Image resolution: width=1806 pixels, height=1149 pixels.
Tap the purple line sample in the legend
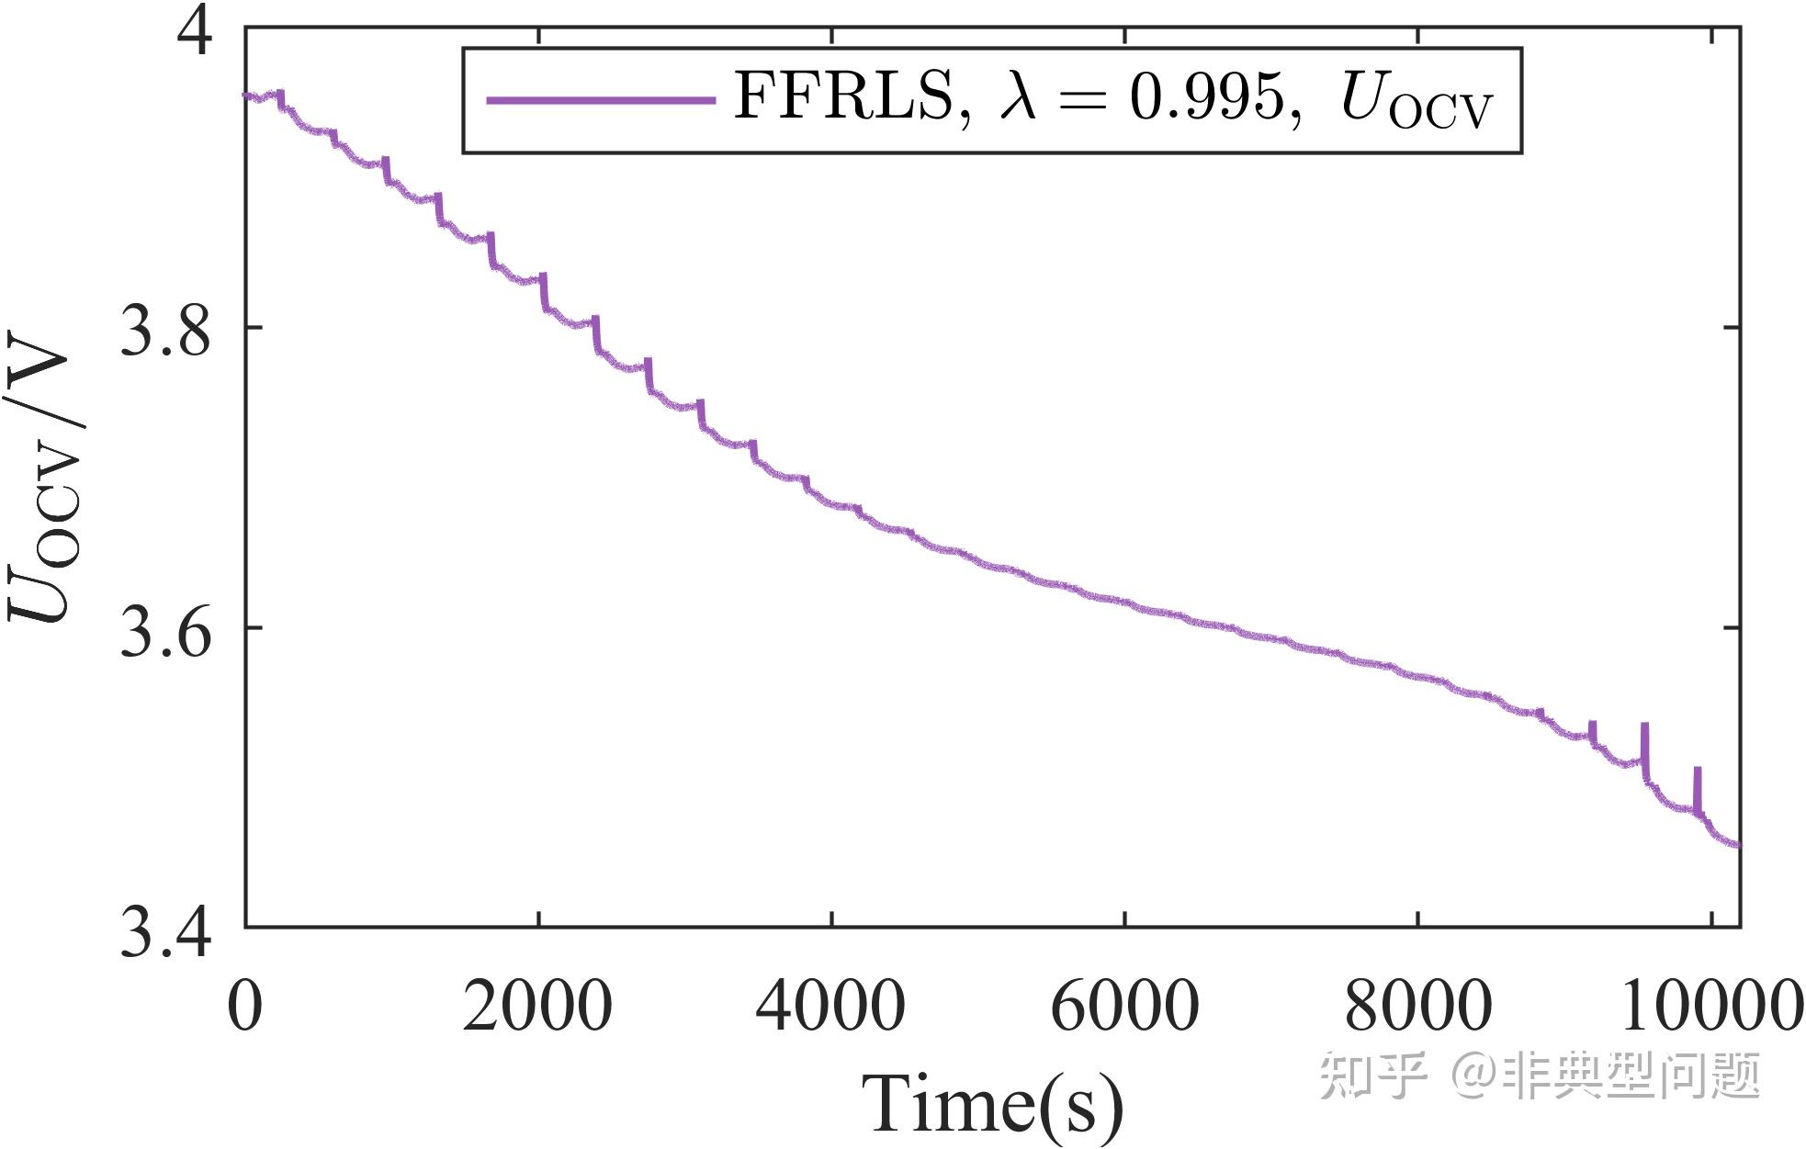601,99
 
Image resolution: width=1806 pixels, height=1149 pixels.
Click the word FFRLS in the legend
844,96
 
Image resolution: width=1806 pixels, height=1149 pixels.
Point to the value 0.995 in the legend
1205,96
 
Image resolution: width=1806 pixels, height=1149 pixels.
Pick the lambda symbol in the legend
1019,96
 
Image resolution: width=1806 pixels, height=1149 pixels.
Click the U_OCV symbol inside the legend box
1416,99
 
